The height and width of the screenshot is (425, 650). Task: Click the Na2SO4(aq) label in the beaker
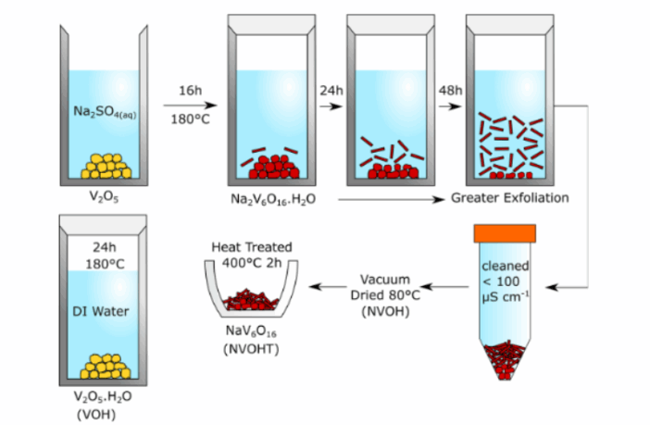tap(101, 112)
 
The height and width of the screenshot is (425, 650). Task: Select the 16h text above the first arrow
tap(189, 90)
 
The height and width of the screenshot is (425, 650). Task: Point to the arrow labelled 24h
tap(330, 106)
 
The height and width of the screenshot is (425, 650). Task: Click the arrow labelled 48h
tap(450, 106)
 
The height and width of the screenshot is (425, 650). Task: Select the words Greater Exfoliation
tap(510, 198)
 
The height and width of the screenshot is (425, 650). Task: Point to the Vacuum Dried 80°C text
tap(385, 287)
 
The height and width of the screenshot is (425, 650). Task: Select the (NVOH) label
tap(385, 314)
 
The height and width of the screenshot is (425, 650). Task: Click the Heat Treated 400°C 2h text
tap(251, 255)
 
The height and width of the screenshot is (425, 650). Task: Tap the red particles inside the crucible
tap(252, 298)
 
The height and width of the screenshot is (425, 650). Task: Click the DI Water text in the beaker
tap(103, 311)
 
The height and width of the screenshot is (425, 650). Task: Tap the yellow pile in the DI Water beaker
tap(104, 367)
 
